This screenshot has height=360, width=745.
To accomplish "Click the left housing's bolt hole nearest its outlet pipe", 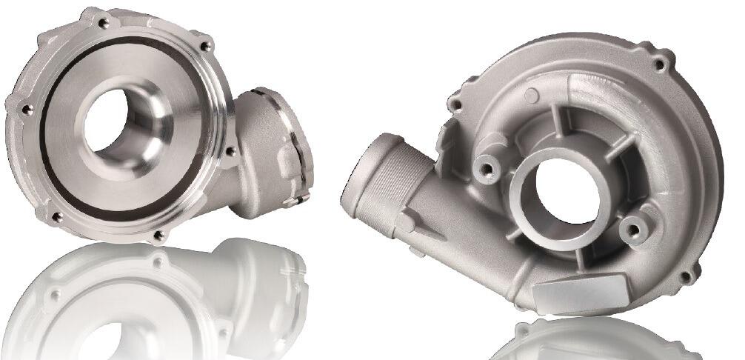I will (230, 151).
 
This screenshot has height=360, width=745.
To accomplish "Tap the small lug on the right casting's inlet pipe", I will (405, 221).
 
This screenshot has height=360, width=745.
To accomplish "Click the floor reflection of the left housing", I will (148, 304).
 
